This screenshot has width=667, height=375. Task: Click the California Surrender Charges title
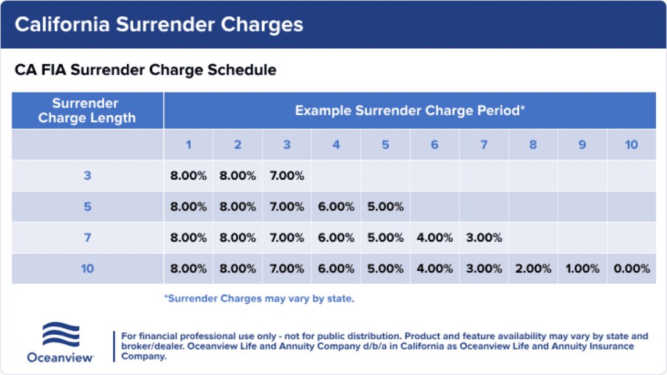coord(159,25)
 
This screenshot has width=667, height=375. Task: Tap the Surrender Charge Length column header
coord(87,111)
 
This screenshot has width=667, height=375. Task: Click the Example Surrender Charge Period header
coord(410,111)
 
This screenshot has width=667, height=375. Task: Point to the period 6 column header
coord(434,145)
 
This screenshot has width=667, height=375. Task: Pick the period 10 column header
coord(631,145)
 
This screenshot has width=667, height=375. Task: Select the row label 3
coord(87,176)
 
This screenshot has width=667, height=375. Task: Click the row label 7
coord(87,238)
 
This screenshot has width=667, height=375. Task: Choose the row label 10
coord(87,268)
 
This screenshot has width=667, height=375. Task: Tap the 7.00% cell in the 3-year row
coord(287,176)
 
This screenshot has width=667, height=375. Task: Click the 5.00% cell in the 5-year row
coord(385,207)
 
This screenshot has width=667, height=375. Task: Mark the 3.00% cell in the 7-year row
coord(484,238)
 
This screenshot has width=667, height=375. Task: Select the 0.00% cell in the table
coord(631,268)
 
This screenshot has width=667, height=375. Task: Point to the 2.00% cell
coord(533,268)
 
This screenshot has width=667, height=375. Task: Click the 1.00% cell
coord(582,268)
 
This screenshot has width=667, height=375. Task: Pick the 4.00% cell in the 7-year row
coord(434,238)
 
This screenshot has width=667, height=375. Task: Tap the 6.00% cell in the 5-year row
coord(336,207)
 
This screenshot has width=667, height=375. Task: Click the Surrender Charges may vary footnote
coord(259,299)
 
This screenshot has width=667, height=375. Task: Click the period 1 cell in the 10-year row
coord(188,268)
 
